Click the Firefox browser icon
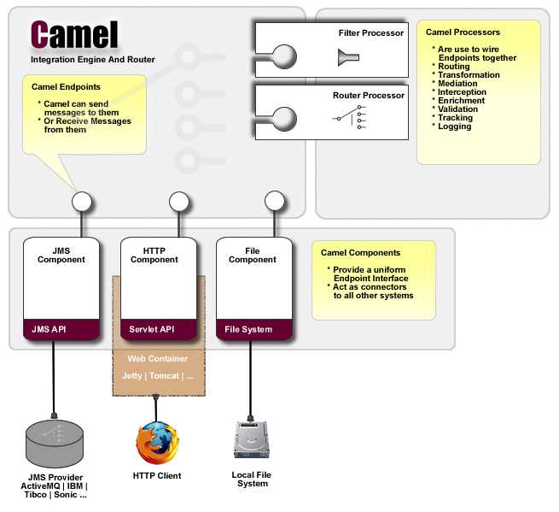158,442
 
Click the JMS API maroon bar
61,329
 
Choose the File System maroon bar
253,329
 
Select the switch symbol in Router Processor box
349,118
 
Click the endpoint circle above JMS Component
82,202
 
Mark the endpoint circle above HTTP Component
178,202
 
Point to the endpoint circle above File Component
274,202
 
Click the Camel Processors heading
463,32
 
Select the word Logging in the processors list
454,127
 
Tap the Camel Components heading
360,253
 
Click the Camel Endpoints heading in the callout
66,87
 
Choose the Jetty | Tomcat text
157,375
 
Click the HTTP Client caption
157,475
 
